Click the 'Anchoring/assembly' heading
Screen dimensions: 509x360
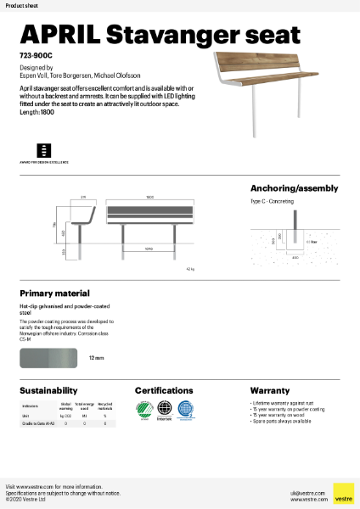294,187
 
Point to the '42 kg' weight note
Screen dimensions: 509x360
213,267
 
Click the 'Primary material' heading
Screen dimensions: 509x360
54,291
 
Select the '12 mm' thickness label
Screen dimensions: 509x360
96,359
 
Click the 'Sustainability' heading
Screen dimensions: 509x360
48,390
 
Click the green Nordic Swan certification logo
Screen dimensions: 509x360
142,410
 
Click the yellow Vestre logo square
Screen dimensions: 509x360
343,494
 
